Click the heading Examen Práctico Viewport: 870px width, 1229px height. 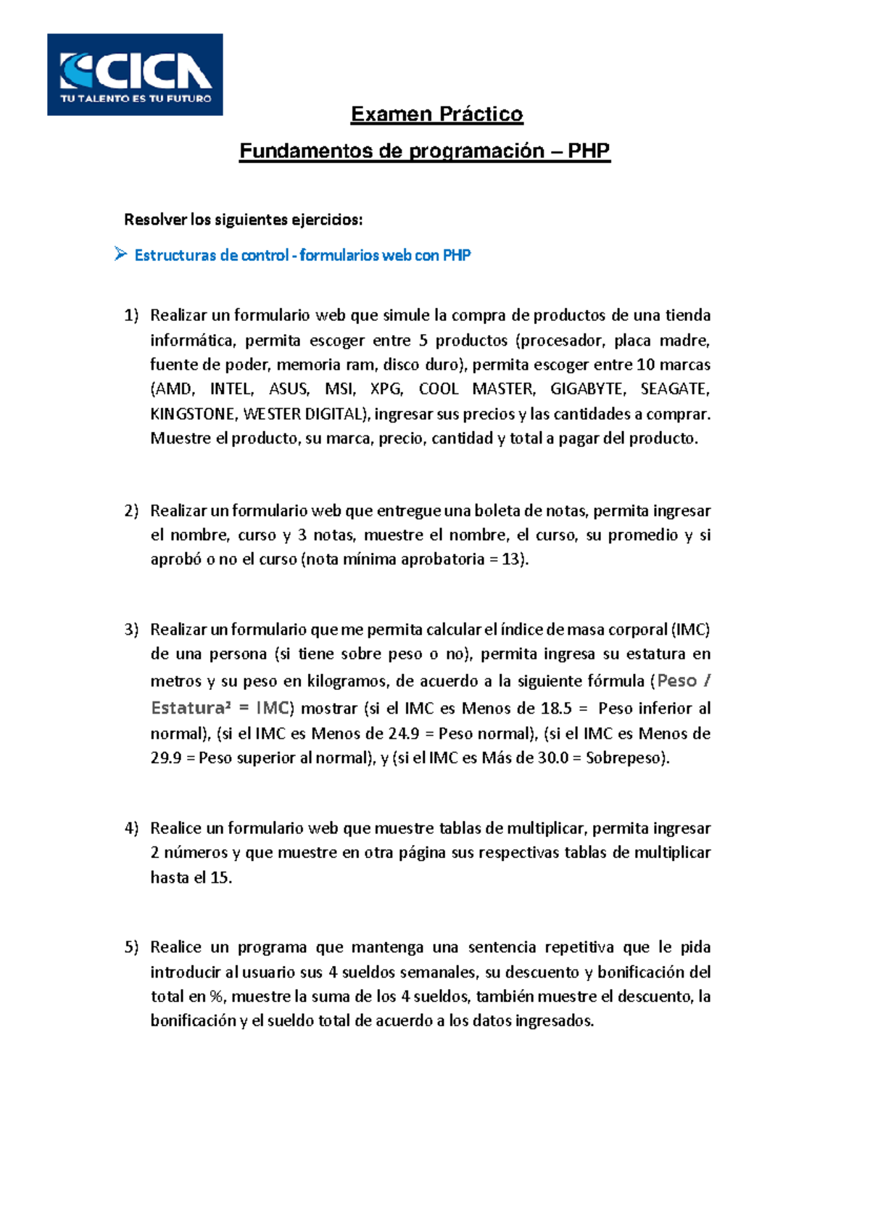pyautogui.click(x=436, y=114)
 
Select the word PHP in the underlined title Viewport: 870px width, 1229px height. pyautogui.click(x=588, y=151)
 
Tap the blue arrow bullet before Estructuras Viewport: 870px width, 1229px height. pyautogui.click(x=120, y=254)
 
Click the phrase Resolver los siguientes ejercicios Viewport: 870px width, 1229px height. pyautogui.click(x=243, y=220)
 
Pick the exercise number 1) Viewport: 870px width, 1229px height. pyautogui.click(x=131, y=315)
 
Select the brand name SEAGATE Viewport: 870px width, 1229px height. pyautogui.click(x=674, y=389)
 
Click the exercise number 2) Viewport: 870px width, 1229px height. pyautogui.click(x=131, y=511)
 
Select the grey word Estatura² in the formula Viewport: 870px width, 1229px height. pyautogui.click(x=190, y=708)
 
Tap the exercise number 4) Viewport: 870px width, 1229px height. pyautogui.click(x=131, y=828)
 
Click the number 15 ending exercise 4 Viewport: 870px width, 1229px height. pyautogui.click(x=220, y=878)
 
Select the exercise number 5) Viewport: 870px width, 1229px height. pyautogui.click(x=131, y=947)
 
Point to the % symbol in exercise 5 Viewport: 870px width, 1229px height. pyautogui.click(x=216, y=996)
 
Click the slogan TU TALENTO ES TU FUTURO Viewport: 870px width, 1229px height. pyautogui.click(x=136, y=99)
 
